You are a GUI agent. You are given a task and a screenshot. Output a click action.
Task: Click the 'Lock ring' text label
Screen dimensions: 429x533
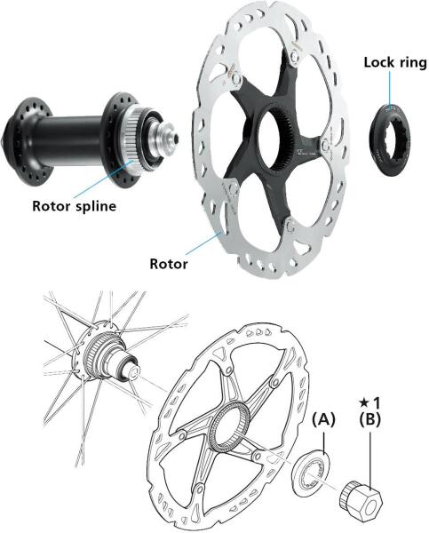[395, 63]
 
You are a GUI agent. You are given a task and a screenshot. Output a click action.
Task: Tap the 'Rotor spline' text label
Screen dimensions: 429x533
[74, 206]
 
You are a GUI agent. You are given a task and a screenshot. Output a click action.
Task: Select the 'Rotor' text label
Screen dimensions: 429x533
[169, 264]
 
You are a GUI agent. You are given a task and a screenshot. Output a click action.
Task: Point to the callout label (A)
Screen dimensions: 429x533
[323, 420]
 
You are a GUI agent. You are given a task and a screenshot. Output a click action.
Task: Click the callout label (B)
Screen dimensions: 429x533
[369, 419]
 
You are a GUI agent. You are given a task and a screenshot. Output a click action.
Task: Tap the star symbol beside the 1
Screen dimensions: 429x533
[363, 403]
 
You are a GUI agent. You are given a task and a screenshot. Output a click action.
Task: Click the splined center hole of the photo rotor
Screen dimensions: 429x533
[273, 140]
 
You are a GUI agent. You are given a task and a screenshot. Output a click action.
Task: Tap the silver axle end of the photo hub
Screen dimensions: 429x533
[166, 135]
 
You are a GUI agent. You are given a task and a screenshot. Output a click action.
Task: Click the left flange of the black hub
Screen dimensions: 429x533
[28, 142]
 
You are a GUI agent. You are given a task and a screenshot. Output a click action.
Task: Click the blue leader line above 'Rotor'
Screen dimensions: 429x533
[204, 243]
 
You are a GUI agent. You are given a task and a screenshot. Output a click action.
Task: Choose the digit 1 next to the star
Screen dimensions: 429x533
[376, 402]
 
